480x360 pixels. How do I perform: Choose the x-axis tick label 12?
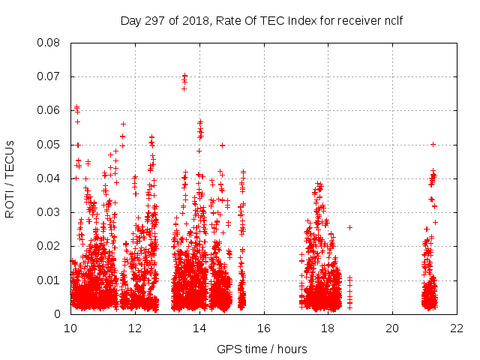coord(135,328)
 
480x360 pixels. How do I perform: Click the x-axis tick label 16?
coord(264,328)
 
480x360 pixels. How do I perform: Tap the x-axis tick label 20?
coord(392,328)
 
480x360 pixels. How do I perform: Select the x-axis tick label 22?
coord(457,328)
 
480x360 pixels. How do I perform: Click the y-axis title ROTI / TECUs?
coord(10,178)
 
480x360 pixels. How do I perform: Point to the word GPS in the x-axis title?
coord(228,349)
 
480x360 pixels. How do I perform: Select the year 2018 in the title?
coord(194,20)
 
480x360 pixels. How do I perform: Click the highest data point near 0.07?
coord(184,76)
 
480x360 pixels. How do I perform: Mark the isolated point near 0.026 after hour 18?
coord(349,227)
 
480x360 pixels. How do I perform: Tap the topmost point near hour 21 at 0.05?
coord(433,144)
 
